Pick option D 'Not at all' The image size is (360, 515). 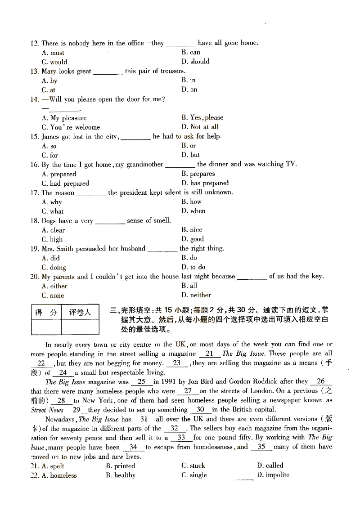[x=200, y=127]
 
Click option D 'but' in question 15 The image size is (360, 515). [x=191, y=155]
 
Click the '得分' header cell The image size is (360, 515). [x=46, y=312]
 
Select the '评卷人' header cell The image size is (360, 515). [x=80, y=312]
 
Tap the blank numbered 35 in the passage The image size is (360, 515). [x=261, y=447]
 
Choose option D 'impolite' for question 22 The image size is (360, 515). [x=273, y=475]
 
